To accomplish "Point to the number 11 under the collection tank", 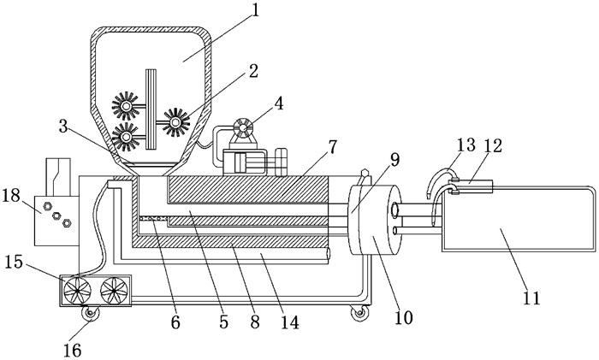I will (x=531, y=298).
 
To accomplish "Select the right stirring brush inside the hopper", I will (x=176, y=124).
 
